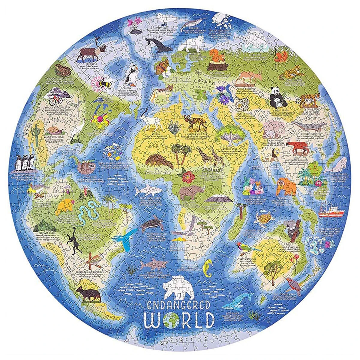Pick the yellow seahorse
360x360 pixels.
207,267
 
